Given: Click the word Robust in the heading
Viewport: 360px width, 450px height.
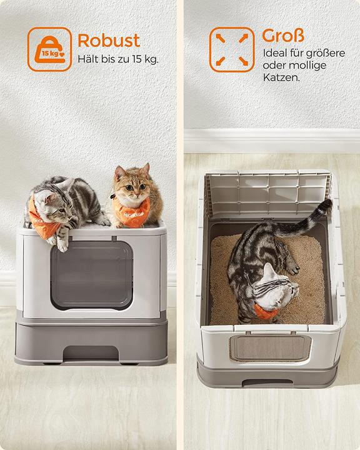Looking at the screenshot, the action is click(109, 41).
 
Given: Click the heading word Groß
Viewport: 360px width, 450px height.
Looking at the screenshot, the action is click(283, 36).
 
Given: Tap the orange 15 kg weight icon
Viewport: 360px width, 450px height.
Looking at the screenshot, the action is click(49, 49).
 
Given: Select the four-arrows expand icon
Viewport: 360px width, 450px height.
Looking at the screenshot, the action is click(232, 49).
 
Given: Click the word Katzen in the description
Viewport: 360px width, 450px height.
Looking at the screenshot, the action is click(281, 77).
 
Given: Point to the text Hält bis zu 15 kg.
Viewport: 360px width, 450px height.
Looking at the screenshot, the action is click(118, 59).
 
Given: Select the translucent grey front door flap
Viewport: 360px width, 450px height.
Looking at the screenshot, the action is click(92, 275).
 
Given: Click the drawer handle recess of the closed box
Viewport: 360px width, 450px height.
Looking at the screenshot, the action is click(91, 353).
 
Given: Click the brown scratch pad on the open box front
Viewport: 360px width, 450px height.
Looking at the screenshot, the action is click(270, 348).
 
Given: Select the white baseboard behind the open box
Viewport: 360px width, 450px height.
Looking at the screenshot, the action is click(272, 141).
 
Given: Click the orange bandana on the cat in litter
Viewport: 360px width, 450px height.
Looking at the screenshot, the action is click(265, 312).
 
